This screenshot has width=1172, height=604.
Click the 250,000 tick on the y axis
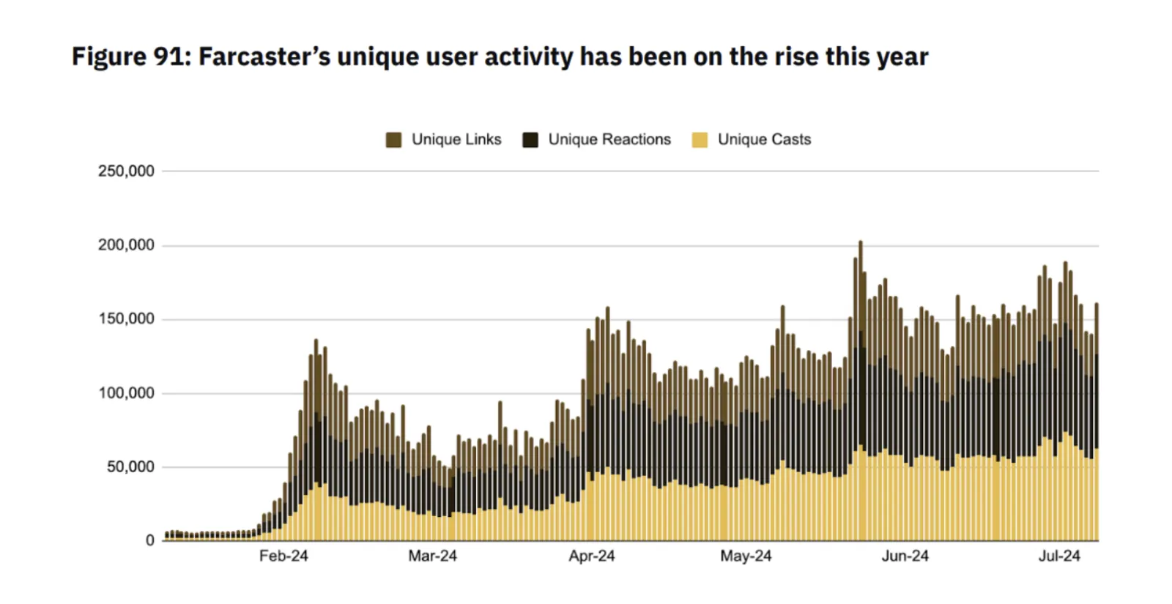126,171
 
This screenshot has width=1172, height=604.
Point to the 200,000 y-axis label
126,245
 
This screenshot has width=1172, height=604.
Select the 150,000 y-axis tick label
126,318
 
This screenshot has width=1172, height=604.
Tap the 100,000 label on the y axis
126,392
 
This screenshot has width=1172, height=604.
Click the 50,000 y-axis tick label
130,466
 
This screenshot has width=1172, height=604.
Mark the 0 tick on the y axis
150,540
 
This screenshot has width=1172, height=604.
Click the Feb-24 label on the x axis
283,556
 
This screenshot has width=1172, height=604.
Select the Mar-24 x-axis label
433,556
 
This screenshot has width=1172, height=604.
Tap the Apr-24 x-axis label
592,556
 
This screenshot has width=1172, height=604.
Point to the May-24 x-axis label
746,556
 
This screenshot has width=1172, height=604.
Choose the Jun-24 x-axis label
905,556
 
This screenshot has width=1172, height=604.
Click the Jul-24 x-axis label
1059,556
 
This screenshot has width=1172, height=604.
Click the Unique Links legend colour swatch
393,140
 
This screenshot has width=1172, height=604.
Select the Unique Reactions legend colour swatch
530,140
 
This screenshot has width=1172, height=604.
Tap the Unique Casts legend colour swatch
700,140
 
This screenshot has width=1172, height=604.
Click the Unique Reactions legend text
609,140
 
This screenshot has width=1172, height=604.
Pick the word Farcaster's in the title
264,56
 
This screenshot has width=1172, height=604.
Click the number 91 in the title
171,56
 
